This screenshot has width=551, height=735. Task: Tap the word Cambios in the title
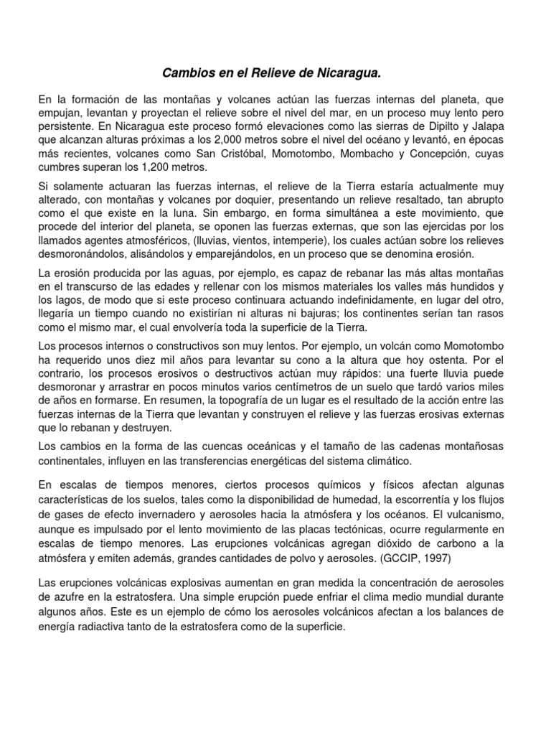(186, 73)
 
